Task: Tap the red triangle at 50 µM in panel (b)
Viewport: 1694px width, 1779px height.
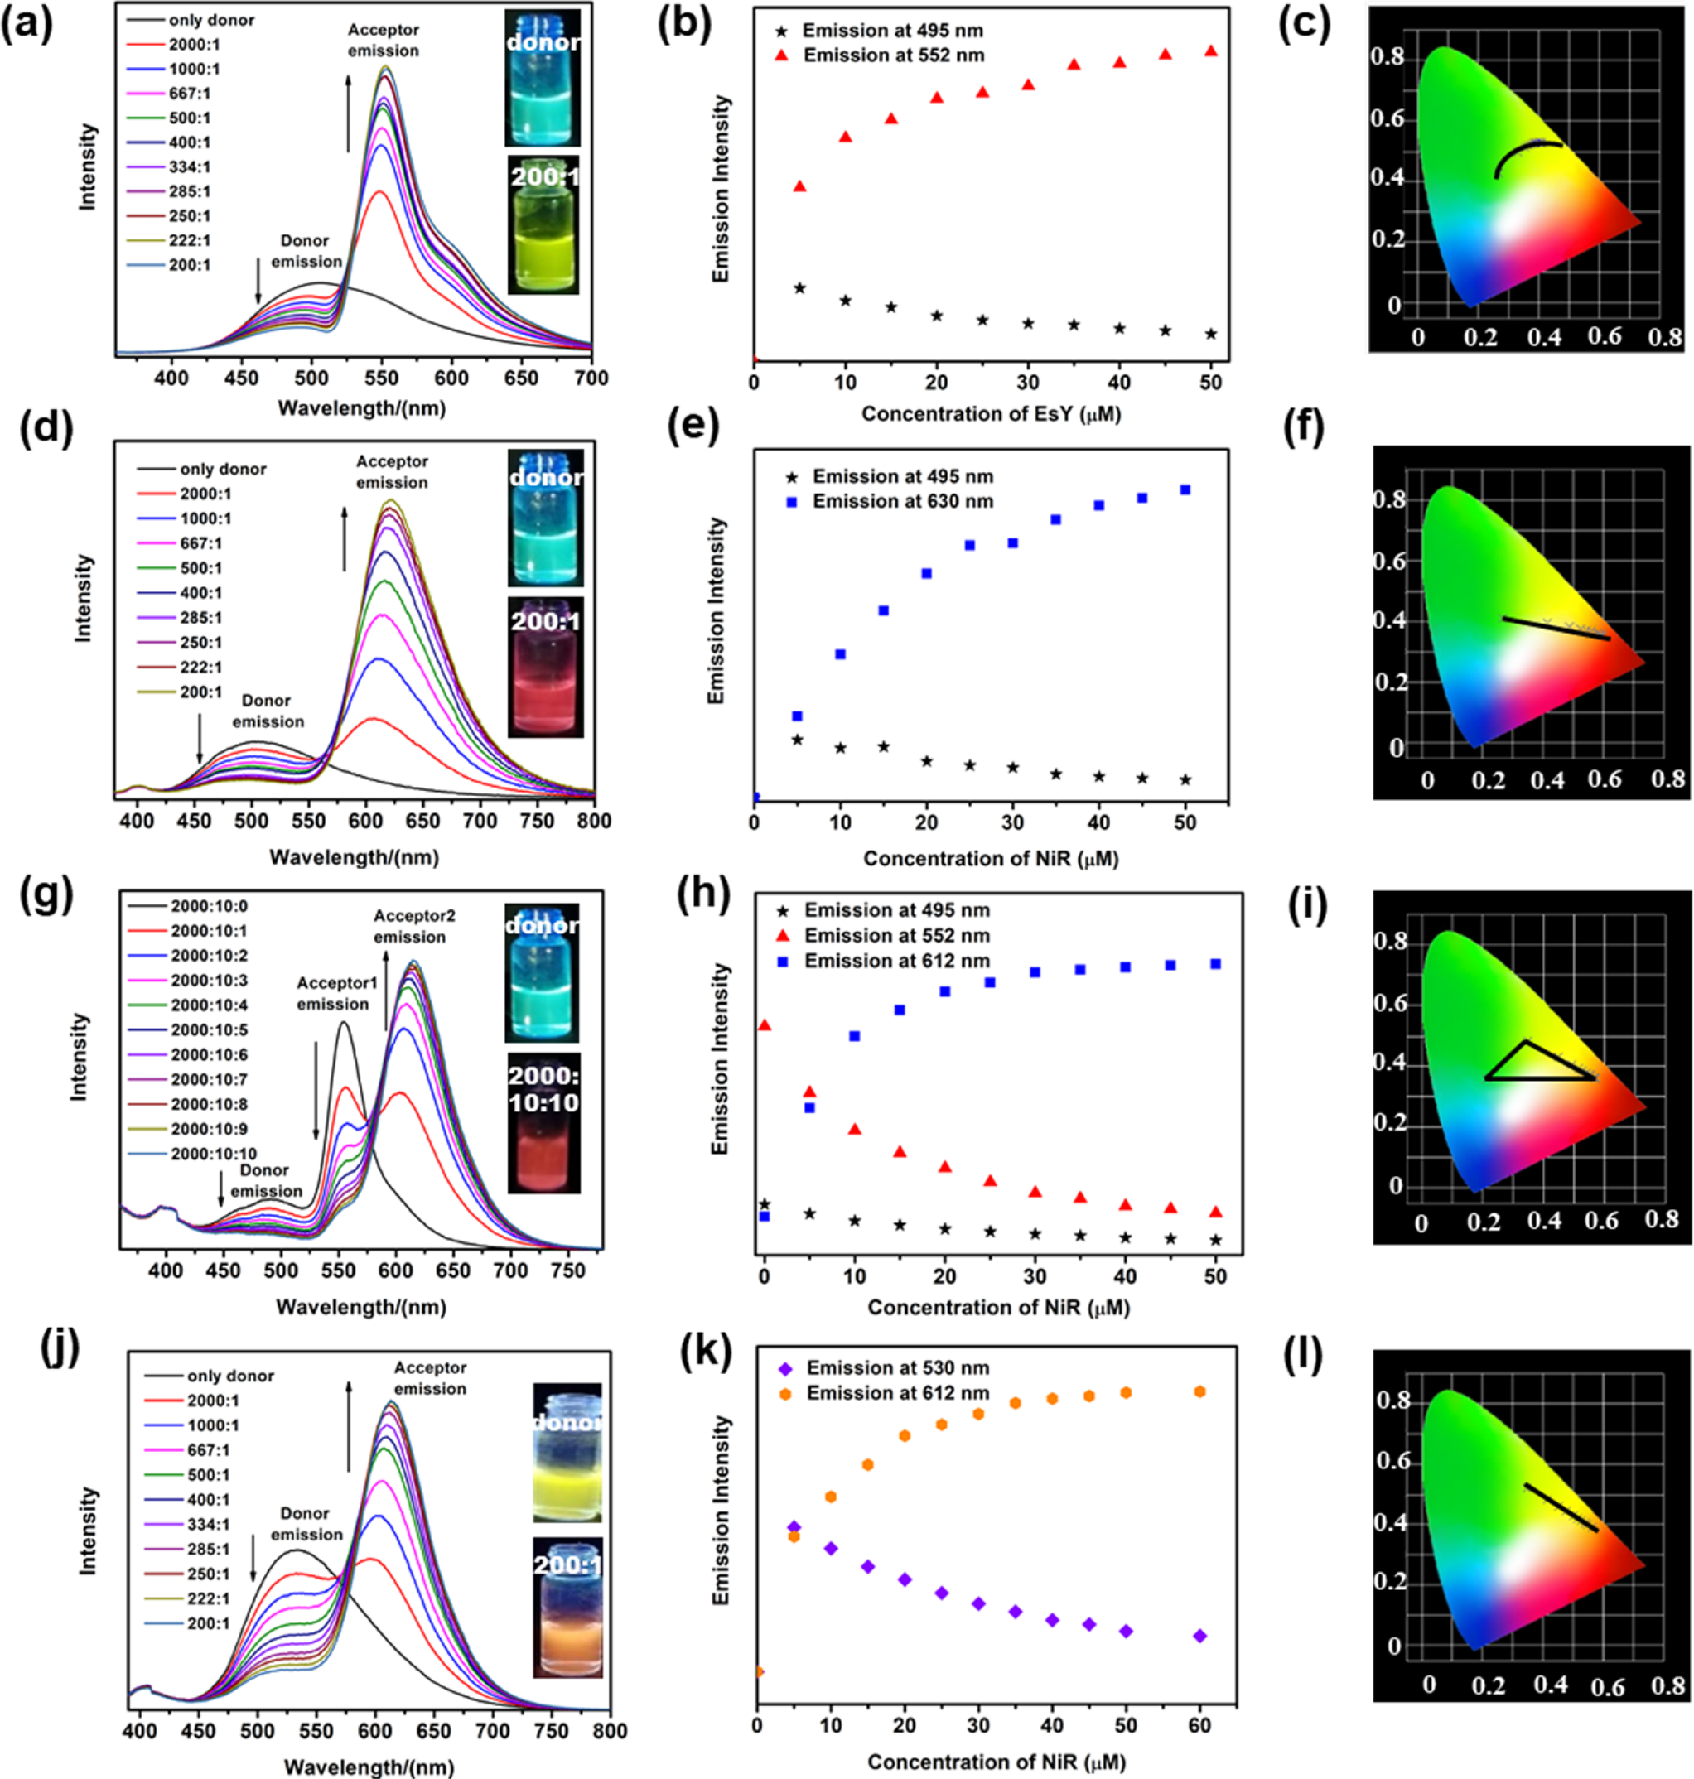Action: (1211, 51)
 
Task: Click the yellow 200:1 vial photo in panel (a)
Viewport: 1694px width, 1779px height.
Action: (543, 225)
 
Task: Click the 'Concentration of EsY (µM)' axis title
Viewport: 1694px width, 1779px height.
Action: (991, 414)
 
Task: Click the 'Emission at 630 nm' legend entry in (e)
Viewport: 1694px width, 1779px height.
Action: (902, 502)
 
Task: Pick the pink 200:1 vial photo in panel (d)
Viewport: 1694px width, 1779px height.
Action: (545, 667)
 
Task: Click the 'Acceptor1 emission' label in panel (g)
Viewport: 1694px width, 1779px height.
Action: (336, 993)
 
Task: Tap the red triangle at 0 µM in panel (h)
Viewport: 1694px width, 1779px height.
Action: (765, 1025)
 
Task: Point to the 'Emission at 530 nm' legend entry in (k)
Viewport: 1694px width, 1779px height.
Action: (896, 1368)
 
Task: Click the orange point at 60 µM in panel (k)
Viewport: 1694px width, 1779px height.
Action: (1200, 1391)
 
